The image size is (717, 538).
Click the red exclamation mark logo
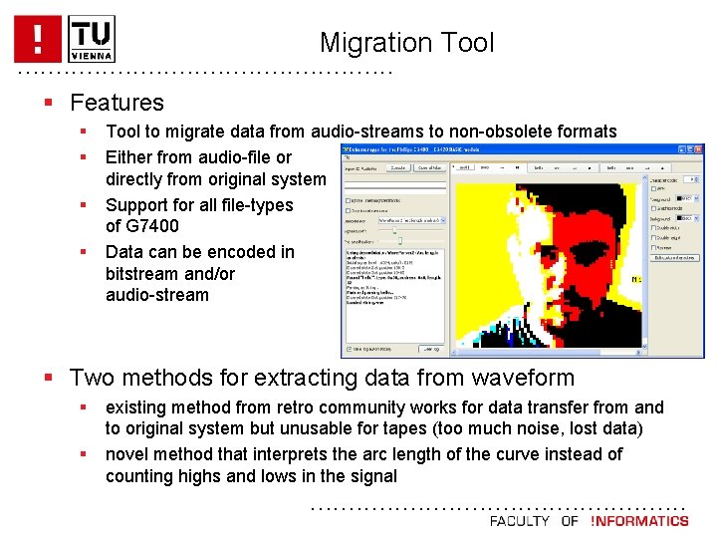click(x=37, y=38)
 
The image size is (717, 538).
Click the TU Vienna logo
click(x=92, y=38)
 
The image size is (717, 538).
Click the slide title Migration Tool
click(x=406, y=43)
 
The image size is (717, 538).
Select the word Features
click(x=117, y=103)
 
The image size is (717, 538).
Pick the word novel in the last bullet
click(x=128, y=454)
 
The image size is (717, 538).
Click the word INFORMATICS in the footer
click(x=640, y=521)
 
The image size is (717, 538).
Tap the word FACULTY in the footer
click(x=519, y=521)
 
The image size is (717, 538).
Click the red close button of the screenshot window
click(x=699, y=149)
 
